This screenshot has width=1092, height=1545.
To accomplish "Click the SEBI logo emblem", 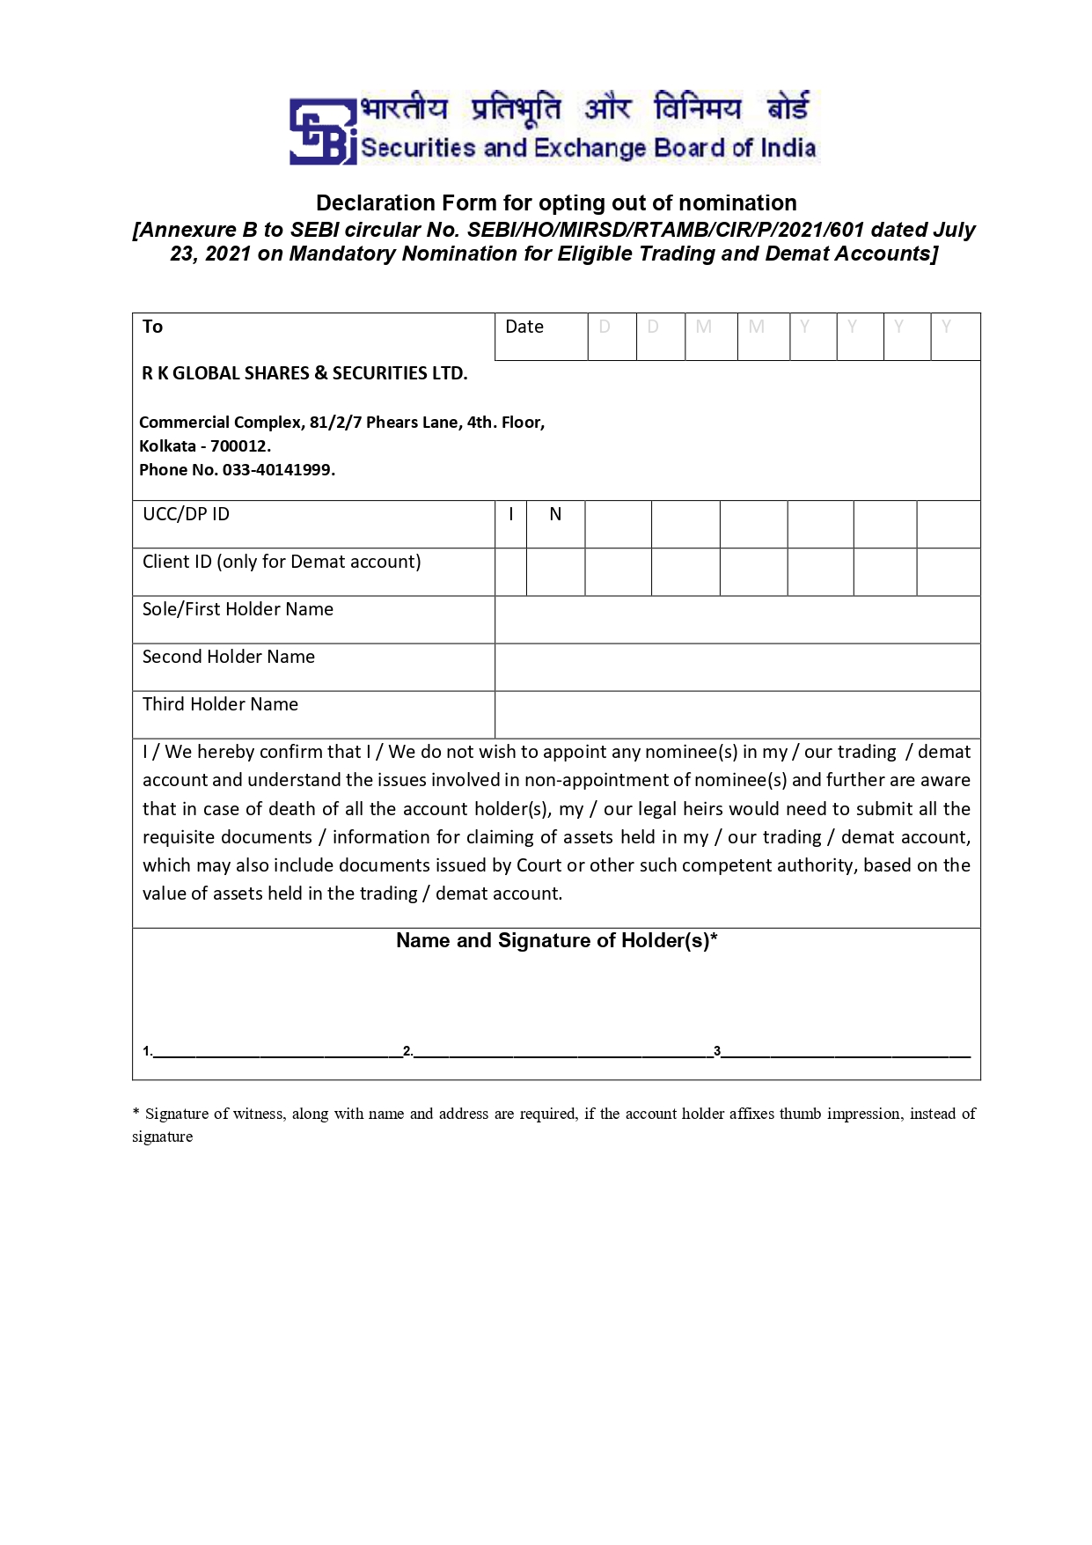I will (x=322, y=131).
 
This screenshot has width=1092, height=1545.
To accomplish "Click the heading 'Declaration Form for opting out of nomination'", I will (x=556, y=203).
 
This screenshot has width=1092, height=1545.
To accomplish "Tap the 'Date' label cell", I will (x=524, y=327).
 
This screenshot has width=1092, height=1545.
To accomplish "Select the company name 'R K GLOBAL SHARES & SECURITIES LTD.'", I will (x=304, y=373).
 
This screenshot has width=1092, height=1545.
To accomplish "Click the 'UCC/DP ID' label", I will (x=186, y=514).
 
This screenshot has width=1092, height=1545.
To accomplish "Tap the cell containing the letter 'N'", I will (x=555, y=515).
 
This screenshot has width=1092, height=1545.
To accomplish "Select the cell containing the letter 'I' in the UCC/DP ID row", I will (x=510, y=515).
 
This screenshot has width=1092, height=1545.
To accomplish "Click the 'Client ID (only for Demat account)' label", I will (x=282, y=562).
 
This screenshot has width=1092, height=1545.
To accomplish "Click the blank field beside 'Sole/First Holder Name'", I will (x=737, y=620).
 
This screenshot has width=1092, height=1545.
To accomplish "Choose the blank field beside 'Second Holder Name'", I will (x=737, y=667).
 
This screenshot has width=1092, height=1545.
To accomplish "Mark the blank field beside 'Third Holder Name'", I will (x=737, y=715).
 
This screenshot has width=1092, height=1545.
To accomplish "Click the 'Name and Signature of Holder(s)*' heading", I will (x=556, y=941).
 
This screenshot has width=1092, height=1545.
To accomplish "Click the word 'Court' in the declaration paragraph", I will (x=539, y=865).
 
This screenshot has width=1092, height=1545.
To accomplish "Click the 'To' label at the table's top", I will (x=152, y=327).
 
